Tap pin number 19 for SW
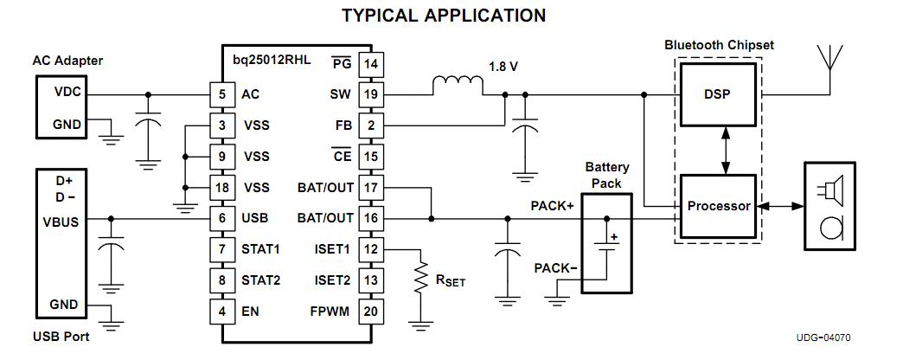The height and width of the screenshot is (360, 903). tap(372, 93)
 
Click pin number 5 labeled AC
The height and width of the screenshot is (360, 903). tap(222, 93)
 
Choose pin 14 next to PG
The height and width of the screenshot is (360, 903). tap(372, 63)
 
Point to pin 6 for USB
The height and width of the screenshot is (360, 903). tap(222, 218)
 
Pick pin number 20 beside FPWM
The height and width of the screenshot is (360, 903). tap(372, 312)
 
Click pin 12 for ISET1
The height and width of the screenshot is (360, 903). tap(372, 249)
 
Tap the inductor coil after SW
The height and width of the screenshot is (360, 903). tap(458, 85)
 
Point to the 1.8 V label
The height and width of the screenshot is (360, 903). tap(503, 66)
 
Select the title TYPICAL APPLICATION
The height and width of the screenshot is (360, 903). tap(444, 16)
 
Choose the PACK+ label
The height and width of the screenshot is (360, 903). tap(552, 207)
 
